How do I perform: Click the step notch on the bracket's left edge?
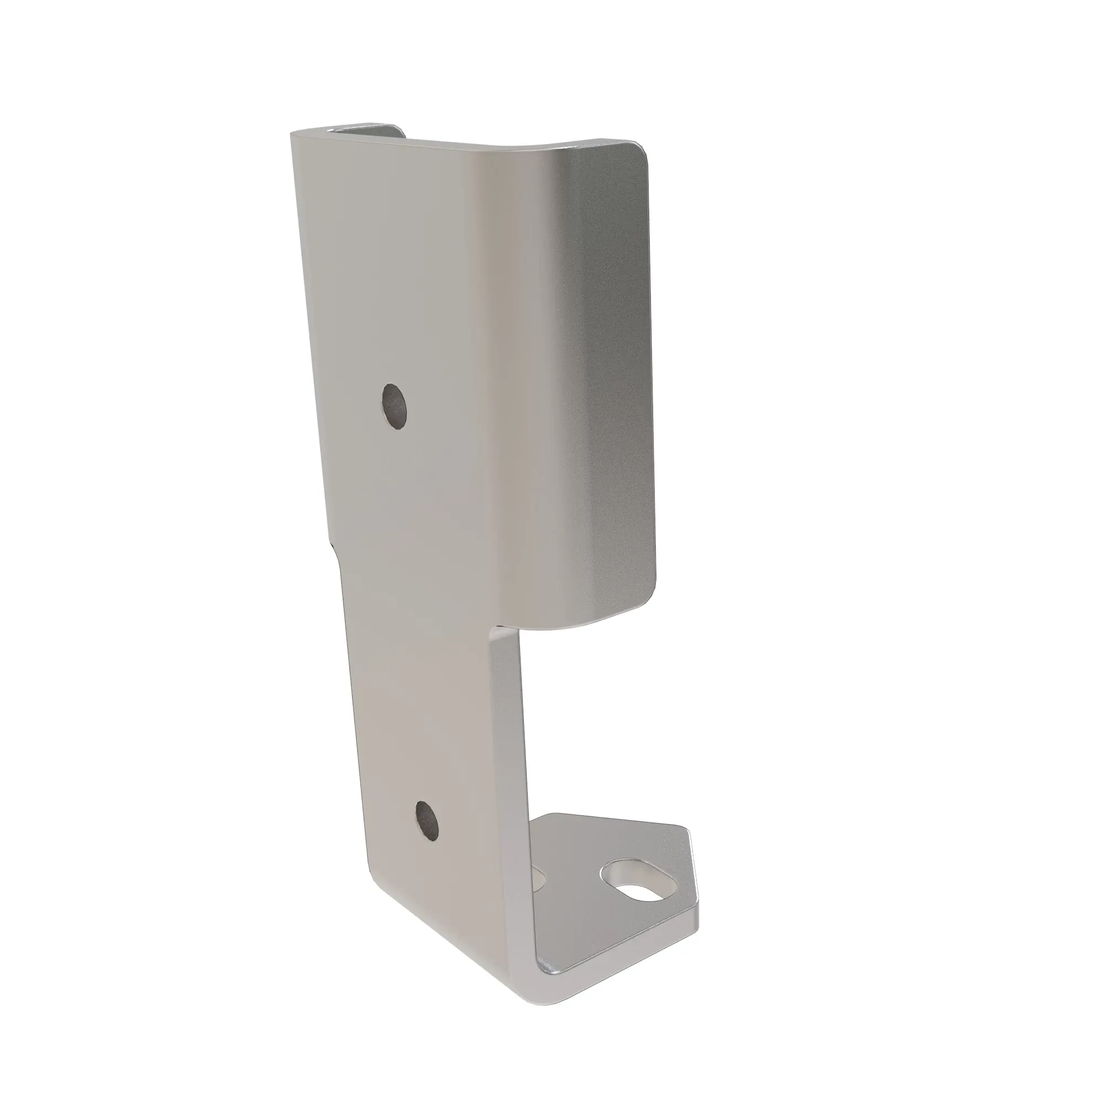[335, 545]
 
